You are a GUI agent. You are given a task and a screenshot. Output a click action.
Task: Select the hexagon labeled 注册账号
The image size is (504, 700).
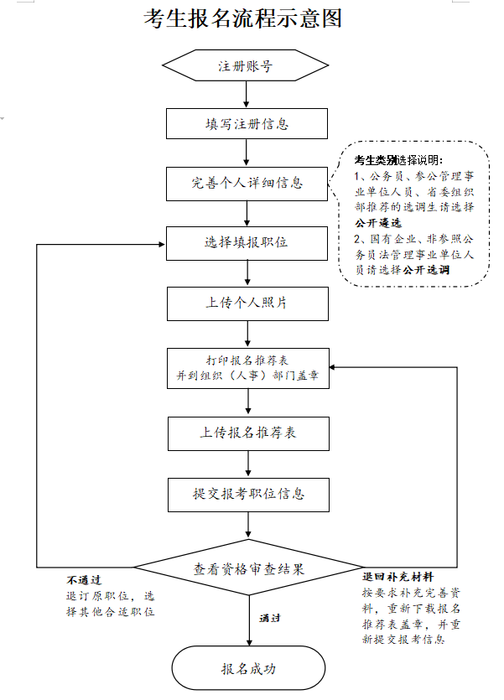pyautogui.click(x=246, y=66)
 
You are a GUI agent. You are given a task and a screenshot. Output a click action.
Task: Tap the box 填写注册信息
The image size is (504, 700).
pyautogui.click(x=247, y=124)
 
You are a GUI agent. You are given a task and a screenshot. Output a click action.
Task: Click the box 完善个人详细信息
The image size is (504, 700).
pyautogui.click(x=247, y=183)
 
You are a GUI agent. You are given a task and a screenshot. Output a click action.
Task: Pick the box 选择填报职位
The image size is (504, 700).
pyautogui.click(x=247, y=243)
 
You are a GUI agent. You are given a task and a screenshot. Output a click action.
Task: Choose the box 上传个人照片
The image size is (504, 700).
pyautogui.click(x=247, y=303)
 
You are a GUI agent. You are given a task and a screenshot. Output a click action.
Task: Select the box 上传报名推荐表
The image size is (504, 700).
pyautogui.click(x=247, y=433)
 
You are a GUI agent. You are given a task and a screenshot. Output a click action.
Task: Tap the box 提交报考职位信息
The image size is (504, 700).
pyautogui.click(x=247, y=495)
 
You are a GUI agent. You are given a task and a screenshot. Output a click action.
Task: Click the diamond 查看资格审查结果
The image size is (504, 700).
pyautogui.click(x=248, y=568)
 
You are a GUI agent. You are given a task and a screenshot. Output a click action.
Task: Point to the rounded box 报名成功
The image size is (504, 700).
pyautogui.click(x=248, y=669)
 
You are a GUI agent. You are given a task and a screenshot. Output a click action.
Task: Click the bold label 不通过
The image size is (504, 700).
pyautogui.click(x=84, y=580)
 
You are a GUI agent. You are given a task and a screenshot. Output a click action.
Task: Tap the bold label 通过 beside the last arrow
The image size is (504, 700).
pyautogui.click(x=270, y=619)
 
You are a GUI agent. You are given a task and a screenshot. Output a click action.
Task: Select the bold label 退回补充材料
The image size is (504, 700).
pyautogui.click(x=397, y=578)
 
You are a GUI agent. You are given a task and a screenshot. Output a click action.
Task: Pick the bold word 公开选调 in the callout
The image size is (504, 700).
pyautogui.click(x=426, y=271)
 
